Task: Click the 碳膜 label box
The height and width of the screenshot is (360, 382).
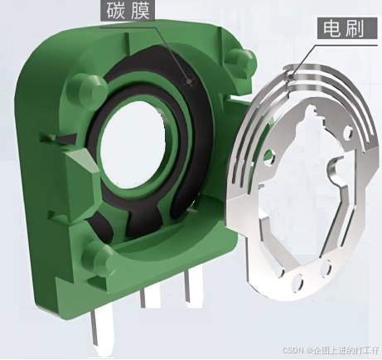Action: click(x=128, y=12)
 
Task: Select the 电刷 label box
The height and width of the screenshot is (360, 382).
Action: click(x=346, y=29)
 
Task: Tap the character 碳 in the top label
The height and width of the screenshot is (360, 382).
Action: click(x=117, y=12)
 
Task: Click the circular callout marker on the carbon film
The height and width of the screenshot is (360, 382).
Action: click(x=189, y=82)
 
